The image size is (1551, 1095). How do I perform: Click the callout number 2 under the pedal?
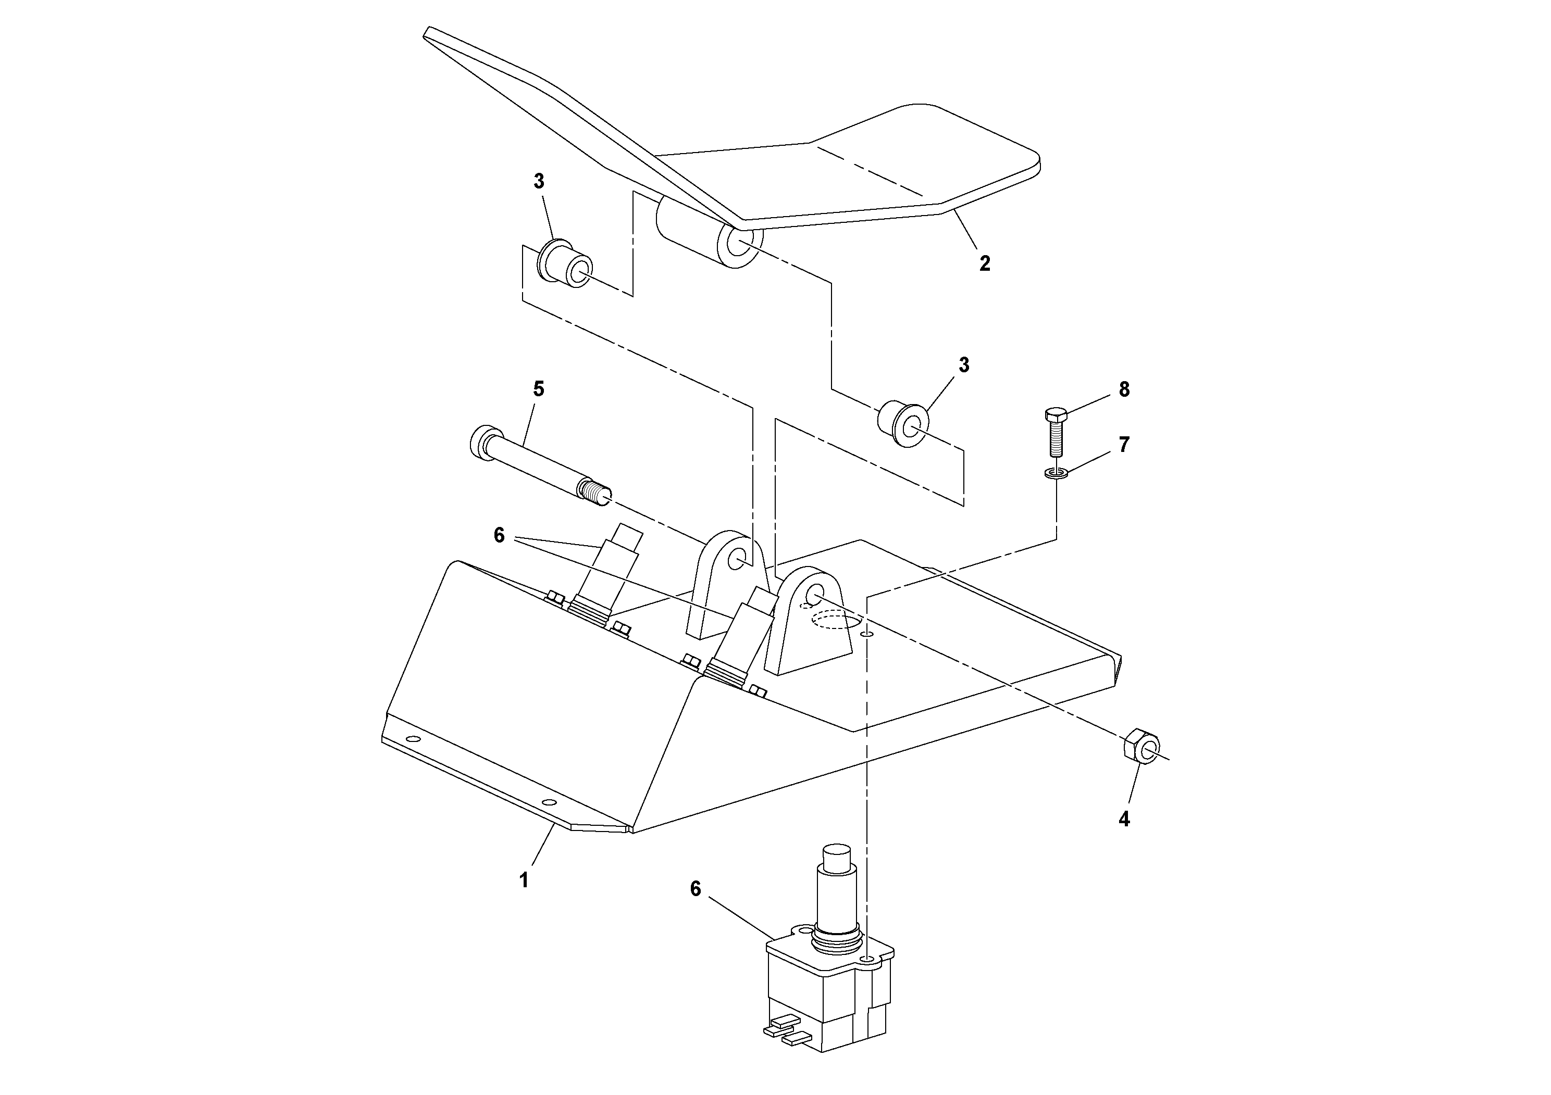(x=985, y=264)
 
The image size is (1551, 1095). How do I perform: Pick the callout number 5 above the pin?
(x=538, y=389)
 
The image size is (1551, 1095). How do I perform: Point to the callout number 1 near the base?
(x=524, y=880)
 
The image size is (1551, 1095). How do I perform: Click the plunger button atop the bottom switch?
(x=836, y=858)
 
